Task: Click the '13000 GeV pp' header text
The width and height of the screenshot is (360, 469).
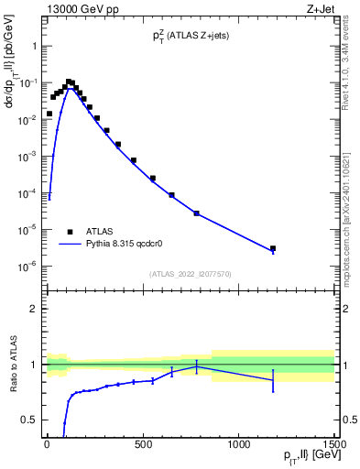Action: click(78, 8)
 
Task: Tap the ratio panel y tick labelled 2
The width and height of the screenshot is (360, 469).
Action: click(33, 309)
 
